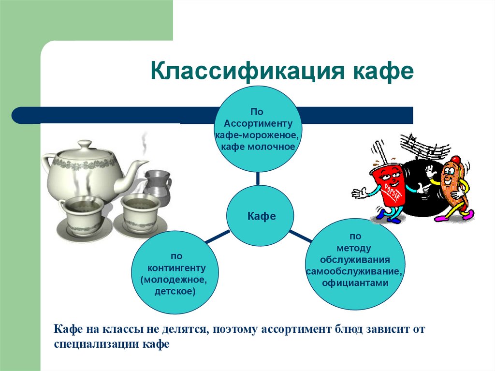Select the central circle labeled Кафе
coord(262,216)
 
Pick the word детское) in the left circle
coord(175,291)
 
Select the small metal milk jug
coord(158,186)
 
